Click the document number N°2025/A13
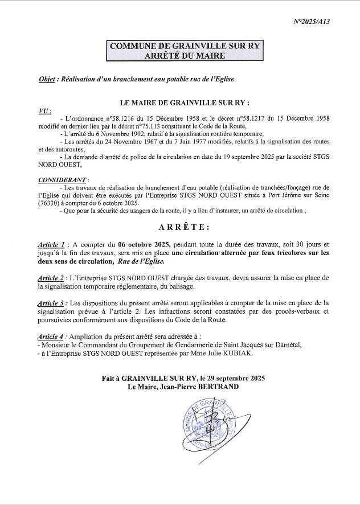tap(312, 22)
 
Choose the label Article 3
tap(51, 303)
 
